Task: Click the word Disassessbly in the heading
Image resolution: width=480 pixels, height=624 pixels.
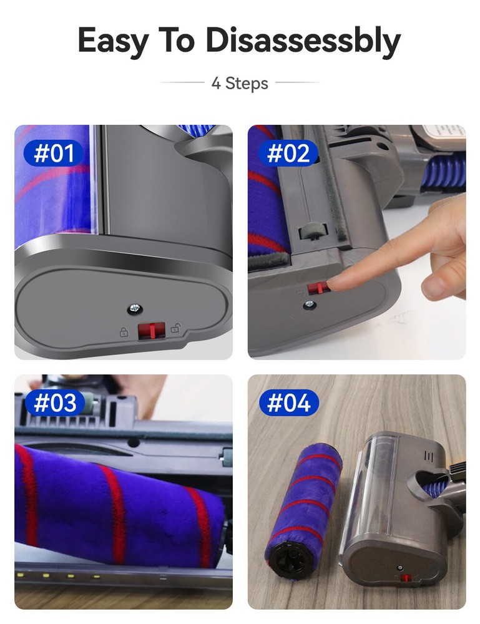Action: pos(303,41)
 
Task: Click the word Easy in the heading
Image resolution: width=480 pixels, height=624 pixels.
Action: pos(113,41)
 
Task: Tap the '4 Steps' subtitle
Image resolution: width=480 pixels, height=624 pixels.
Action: pos(240,83)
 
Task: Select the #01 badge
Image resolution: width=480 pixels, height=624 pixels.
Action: pos(54,154)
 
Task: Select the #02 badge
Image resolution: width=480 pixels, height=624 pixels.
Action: pos(288,154)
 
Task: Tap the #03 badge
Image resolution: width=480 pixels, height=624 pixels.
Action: pos(55,402)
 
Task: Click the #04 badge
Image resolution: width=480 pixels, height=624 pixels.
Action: pos(289,402)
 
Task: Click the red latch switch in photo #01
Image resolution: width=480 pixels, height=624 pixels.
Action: pos(151,331)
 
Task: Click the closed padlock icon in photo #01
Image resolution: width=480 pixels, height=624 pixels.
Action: pos(124,331)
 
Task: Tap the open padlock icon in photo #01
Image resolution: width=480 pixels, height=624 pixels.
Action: pos(175,328)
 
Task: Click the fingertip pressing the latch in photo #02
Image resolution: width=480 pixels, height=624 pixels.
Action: pos(334,283)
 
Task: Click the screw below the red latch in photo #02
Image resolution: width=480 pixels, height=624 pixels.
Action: pos(309,305)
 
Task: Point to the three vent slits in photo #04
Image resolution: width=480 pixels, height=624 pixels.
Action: pos(428,456)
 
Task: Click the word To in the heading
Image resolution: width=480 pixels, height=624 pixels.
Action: pos(177,41)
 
